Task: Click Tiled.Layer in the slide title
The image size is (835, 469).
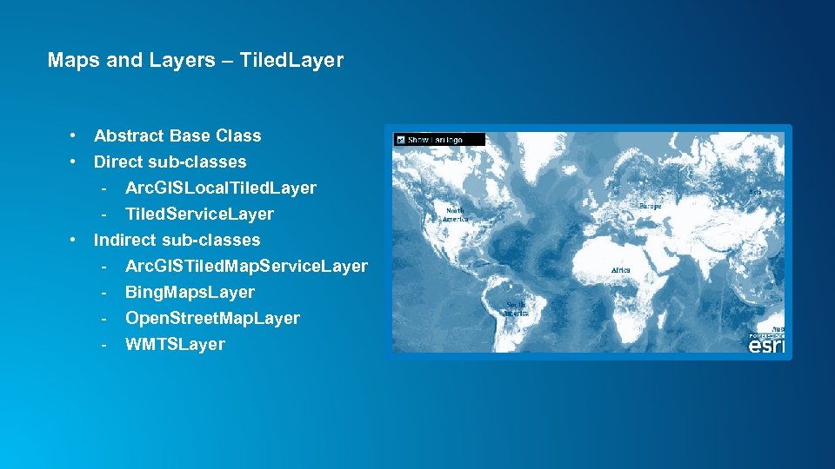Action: (x=291, y=61)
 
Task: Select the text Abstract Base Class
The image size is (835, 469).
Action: (x=177, y=136)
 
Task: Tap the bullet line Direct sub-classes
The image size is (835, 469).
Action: (x=170, y=162)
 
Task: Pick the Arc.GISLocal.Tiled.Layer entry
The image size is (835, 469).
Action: (x=221, y=188)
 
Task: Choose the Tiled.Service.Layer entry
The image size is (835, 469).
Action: (x=199, y=215)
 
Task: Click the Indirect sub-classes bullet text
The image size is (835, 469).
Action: (x=177, y=241)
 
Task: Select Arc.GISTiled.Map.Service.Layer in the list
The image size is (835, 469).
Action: (x=246, y=267)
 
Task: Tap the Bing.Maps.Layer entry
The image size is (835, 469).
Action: (x=190, y=293)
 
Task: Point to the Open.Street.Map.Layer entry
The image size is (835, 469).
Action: (x=212, y=319)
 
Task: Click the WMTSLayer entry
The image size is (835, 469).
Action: (x=175, y=345)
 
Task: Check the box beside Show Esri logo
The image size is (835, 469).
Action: (x=400, y=139)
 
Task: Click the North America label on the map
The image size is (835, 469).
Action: (x=456, y=215)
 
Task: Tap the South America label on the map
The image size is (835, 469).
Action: (x=517, y=308)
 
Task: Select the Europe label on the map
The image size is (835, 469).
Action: (x=650, y=207)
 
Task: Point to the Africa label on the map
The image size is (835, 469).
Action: (x=620, y=270)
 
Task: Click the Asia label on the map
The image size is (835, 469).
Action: (x=757, y=191)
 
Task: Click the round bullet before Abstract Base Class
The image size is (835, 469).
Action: (x=77, y=136)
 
